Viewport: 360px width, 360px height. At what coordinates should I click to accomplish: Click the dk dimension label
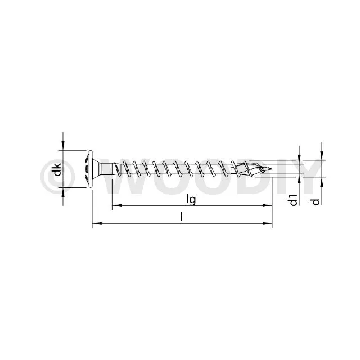57,169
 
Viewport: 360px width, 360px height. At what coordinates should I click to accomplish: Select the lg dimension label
191,200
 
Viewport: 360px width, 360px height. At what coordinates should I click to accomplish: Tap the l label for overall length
182,217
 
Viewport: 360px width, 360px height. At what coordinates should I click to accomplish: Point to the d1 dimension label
294,200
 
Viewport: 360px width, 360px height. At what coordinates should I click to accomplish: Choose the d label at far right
316,202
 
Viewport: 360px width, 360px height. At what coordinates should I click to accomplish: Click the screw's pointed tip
272,169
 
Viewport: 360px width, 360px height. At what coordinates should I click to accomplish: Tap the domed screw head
89,169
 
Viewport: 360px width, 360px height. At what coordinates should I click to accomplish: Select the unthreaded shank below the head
107,169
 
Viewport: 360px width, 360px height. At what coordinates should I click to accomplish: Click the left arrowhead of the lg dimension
117,205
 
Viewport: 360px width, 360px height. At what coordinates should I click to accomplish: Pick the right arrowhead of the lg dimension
268,205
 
